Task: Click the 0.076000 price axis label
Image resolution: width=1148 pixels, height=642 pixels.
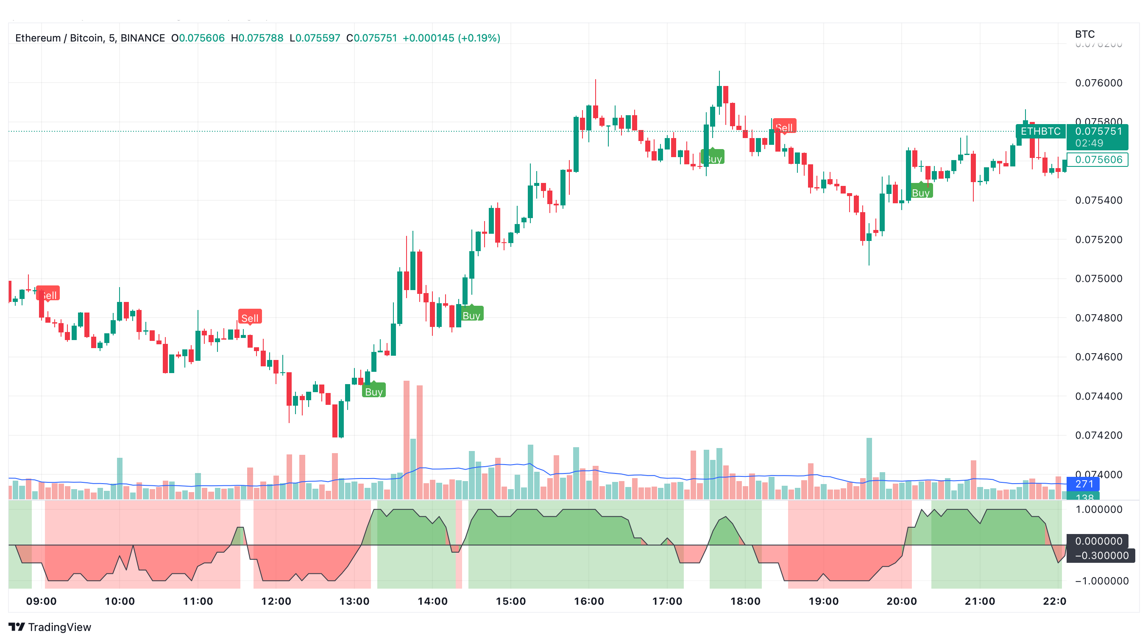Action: pos(1098,83)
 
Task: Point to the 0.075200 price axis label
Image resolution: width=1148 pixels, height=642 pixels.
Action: pos(1098,240)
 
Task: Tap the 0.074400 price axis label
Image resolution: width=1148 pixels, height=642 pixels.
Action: pos(1098,396)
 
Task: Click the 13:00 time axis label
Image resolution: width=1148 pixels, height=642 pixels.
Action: pos(354,601)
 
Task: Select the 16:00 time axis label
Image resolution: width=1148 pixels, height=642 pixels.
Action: pos(589,601)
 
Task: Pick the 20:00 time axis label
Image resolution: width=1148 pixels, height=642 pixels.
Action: pos(902,601)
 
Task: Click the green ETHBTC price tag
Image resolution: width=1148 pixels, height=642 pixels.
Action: pos(1040,131)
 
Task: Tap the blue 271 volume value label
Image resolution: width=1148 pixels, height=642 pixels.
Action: pos(1084,484)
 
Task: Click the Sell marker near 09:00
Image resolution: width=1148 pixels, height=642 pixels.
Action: pos(48,294)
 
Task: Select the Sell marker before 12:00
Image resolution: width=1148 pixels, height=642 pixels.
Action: pos(250,318)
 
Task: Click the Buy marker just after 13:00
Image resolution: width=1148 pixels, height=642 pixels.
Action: pos(373,391)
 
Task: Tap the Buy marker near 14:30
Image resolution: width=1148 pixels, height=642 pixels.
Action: pos(471,315)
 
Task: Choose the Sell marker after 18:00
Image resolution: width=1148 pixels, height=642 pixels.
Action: pos(784,127)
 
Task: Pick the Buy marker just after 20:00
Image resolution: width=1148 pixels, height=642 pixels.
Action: pos(920,192)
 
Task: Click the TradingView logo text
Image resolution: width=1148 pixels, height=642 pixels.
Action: pos(59,627)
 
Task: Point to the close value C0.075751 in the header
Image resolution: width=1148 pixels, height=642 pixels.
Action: pos(372,38)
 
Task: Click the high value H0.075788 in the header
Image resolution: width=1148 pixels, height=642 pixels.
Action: pos(257,38)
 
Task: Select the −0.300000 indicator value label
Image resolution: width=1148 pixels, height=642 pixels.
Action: pos(1100,555)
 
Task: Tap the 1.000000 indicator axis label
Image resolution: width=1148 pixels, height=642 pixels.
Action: pos(1098,509)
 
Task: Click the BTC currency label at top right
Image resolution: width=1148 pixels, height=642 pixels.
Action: pos(1084,34)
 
